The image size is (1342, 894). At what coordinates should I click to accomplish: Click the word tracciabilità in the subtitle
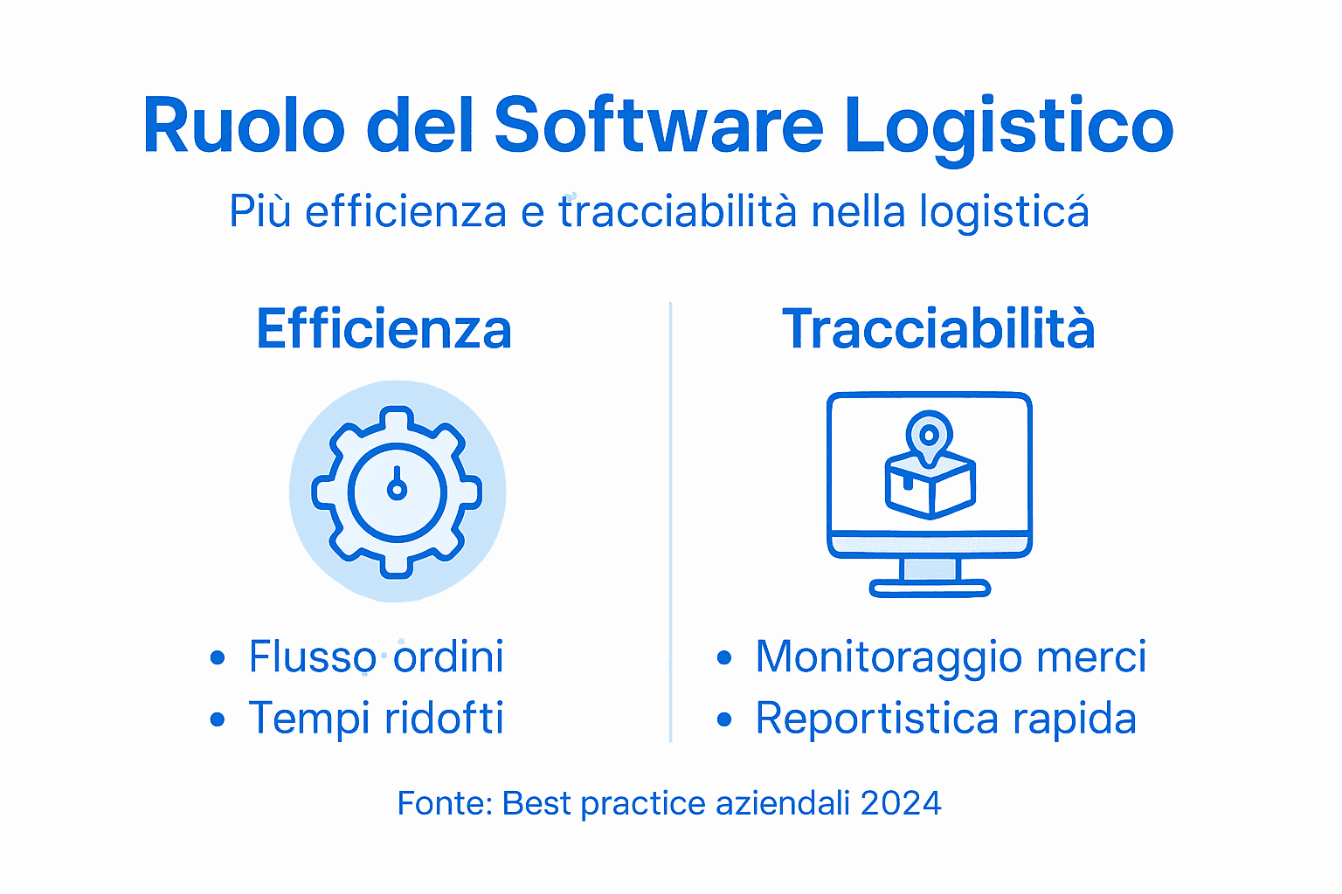(x=677, y=211)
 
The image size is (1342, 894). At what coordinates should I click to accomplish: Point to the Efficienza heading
(x=384, y=329)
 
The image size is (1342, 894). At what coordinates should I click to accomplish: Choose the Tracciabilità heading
(x=938, y=329)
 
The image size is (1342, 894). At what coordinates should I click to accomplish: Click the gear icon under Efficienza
(x=398, y=491)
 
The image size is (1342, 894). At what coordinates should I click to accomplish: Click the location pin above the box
(x=929, y=435)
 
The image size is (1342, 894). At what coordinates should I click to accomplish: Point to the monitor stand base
(x=930, y=588)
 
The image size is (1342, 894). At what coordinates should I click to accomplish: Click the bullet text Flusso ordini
(x=376, y=657)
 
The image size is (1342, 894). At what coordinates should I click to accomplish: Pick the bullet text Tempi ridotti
(x=376, y=719)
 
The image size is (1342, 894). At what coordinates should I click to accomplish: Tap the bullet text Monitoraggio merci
(x=951, y=657)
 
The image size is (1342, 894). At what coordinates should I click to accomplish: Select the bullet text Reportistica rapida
(x=945, y=719)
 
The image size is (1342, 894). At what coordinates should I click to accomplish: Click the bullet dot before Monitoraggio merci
(x=723, y=658)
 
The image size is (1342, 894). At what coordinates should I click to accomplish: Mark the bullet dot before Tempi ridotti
(x=218, y=720)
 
